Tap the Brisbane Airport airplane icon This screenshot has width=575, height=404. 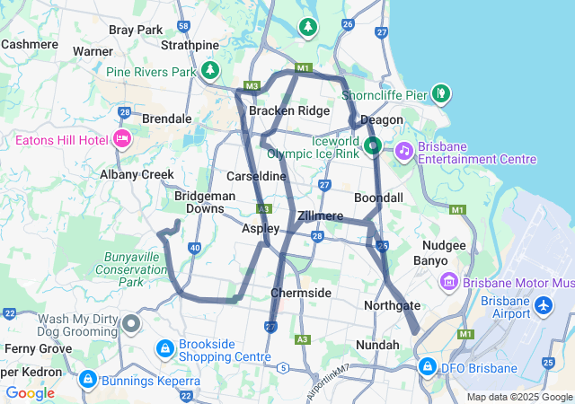tap(543, 306)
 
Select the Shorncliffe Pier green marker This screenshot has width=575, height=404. tap(440, 92)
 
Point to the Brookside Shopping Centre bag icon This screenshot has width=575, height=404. tap(165, 347)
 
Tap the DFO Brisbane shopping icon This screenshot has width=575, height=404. tap(428, 367)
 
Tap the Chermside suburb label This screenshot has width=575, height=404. tap(301, 294)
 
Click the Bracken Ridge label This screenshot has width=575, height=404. tap(289, 110)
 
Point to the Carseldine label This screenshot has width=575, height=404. tap(256, 176)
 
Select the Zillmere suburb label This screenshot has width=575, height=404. tap(320, 216)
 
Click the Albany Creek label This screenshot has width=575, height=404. tap(137, 175)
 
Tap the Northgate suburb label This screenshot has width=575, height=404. tap(393, 306)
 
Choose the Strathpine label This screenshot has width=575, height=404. tap(189, 45)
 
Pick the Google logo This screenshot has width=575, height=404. tap(30, 392)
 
